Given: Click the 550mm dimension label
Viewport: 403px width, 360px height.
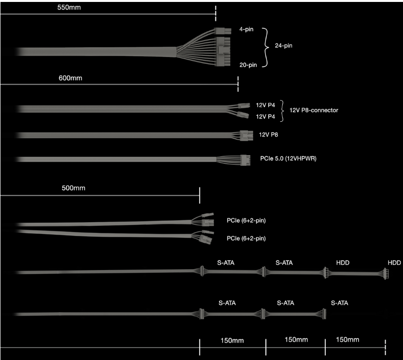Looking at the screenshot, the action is point(69,7).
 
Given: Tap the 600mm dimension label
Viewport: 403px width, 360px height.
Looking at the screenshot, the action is point(70,78).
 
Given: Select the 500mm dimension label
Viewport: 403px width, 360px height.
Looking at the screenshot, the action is point(73,188).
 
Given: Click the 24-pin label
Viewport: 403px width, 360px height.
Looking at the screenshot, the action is point(283,46).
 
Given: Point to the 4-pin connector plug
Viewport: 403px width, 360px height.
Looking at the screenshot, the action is point(222,31).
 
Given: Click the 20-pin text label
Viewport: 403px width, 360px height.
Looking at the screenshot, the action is point(248,65).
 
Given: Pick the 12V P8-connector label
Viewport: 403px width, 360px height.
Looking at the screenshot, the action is point(314,110).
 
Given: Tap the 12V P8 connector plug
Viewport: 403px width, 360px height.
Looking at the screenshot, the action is point(247,136).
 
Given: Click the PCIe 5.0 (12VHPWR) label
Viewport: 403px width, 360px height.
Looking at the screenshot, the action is point(288,158).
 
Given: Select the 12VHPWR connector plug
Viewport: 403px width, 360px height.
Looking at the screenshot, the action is point(245,160).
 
